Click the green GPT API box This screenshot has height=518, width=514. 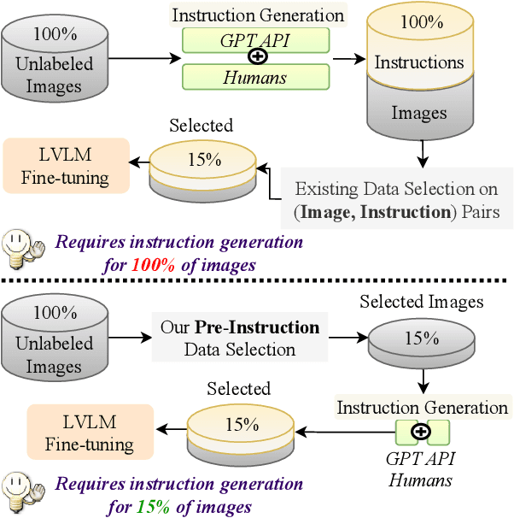tap(255, 40)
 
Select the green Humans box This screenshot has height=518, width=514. tap(255, 78)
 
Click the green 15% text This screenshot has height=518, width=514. tap(149, 507)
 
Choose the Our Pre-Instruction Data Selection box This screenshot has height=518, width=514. tap(239, 338)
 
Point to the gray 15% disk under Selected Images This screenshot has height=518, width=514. tap(421, 338)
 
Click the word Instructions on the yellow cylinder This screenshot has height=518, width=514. tap(418, 62)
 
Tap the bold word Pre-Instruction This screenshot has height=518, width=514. tap(256, 327)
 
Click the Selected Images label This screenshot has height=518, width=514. tap(421, 302)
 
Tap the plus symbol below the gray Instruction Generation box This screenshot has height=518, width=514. tap(419, 432)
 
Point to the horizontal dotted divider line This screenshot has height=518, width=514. tap(256, 280)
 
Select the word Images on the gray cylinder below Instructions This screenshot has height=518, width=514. tap(418, 113)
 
